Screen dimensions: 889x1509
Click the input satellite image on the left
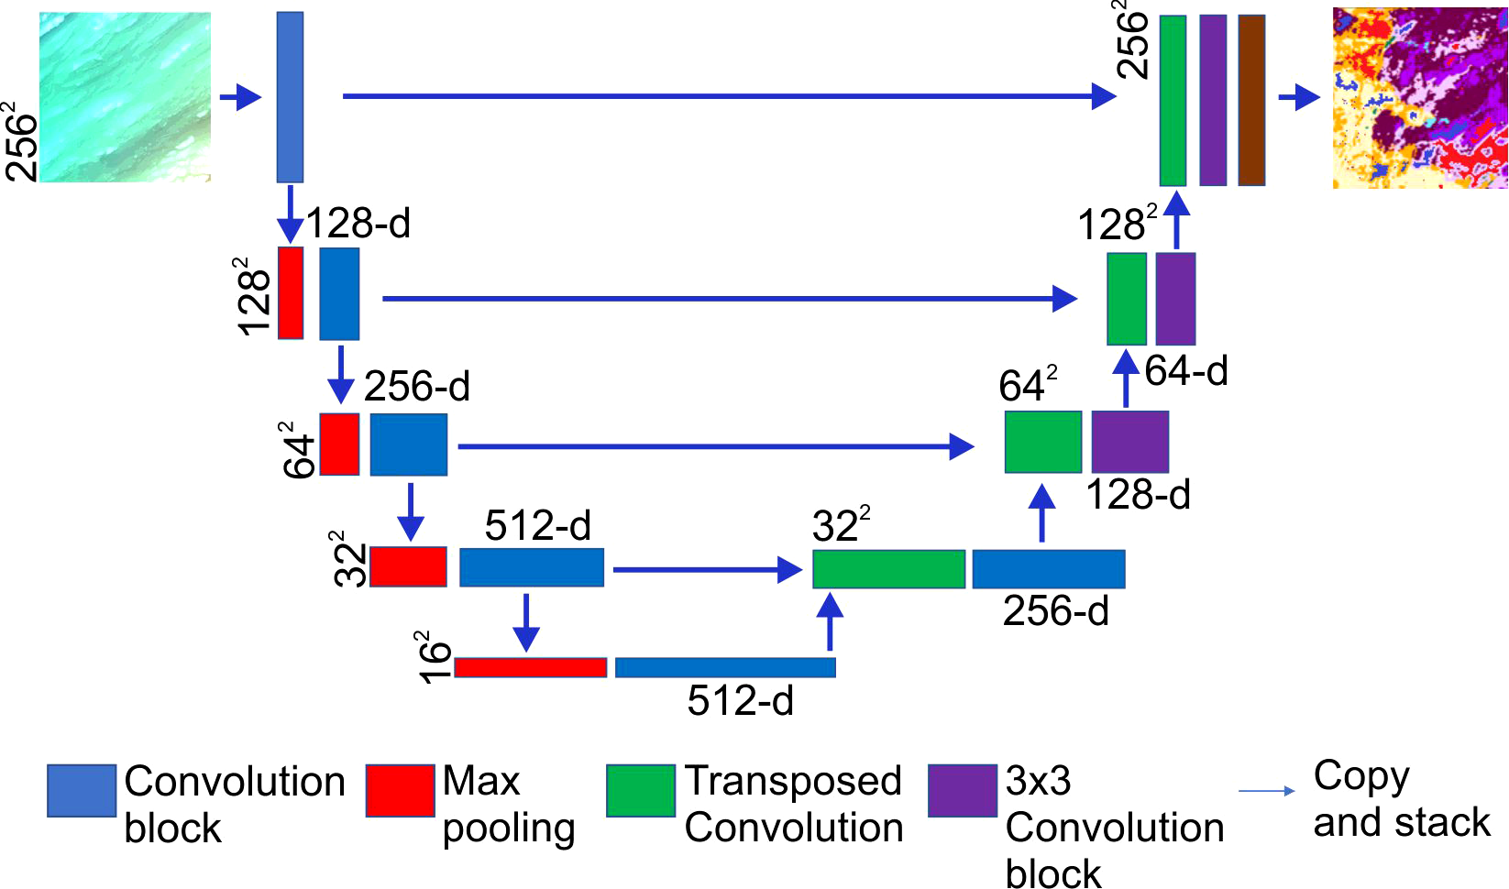pyautogui.click(x=125, y=96)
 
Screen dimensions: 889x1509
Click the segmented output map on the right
pyautogui.click(x=1419, y=98)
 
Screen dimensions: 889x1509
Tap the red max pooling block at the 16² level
pyautogui.click(x=531, y=667)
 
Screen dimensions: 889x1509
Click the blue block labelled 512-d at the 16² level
pyautogui.click(x=725, y=667)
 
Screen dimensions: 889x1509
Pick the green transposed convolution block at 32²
pyautogui.click(x=888, y=569)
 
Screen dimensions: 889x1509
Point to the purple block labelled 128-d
pyautogui.click(x=1129, y=442)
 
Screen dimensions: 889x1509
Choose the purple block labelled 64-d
pyautogui.click(x=1175, y=299)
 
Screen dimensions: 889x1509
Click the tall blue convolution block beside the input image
pyautogui.click(x=290, y=97)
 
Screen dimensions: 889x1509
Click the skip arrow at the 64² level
pyautogui.click(x=715, y=446)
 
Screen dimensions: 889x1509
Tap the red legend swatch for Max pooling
pyautogui.click(x=400, y=791)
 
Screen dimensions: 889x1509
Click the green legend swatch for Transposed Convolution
pyautogui.click(x=641, y=791)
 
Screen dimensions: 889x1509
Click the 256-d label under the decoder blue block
pyautogui.click(x=1055, y=611)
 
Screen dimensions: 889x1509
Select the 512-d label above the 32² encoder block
pyautogui.click(x=538, y=526)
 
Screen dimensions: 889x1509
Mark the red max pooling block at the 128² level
pyautogui.click(x=291, y=293)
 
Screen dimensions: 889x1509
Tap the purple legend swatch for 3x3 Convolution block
pyautogui.click(x=962, y=791)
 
